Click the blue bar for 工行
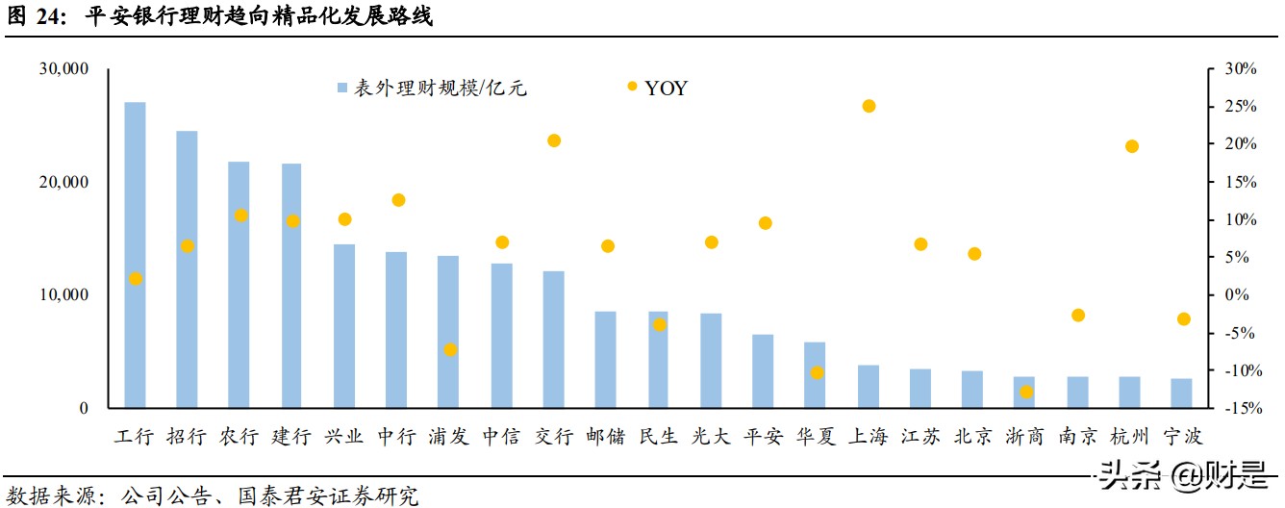pyautogui.click(x=135, y=255)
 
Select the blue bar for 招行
pyautogui.click(x=187, y=269)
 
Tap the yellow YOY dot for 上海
pyautogui.click(x=869, y=106)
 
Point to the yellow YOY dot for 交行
pyautogui.click(x=554, y=140)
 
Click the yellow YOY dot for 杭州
pyautogui.click(x=1132, y=146)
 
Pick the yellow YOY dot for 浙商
pyautogui.click(x=1026, y=392)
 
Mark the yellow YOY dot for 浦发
pyautogui.click(x=449, y=349)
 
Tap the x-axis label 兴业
pyautogui.click(x=344, y=437)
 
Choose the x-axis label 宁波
pyautogui.click(x=1183, y=437)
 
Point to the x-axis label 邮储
pyautogui.click(x=606, y=437)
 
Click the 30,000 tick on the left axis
pyautogui.click(x=63, y=69)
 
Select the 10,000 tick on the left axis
pyautogui.click(x=63, y=295)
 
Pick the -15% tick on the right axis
pyautogui.click(x=1240, y=409)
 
